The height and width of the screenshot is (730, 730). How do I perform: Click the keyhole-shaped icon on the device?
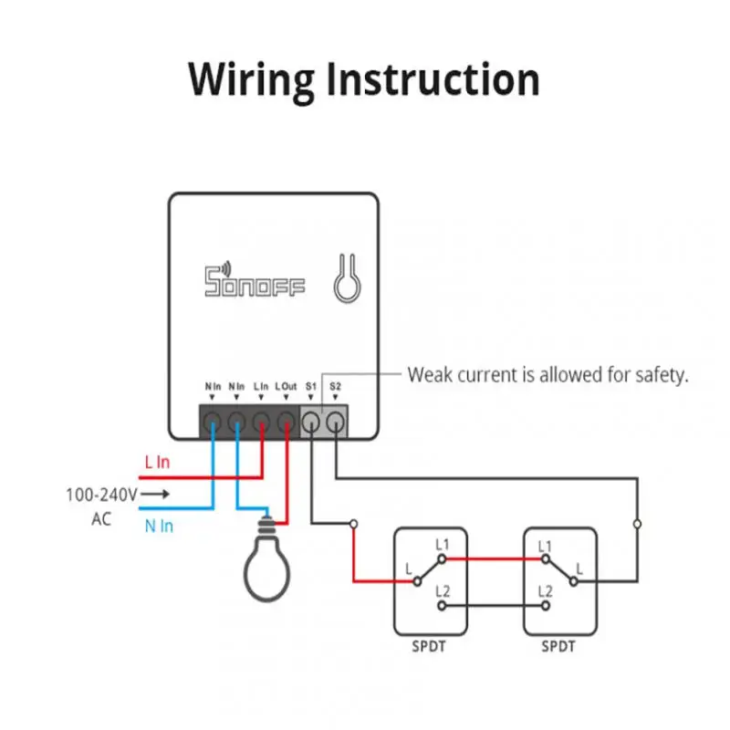click(x=346, y=279)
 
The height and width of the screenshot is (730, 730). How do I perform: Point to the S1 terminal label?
click(x=310, y=388)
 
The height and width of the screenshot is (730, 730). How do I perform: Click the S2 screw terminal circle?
click(x=335, y=422)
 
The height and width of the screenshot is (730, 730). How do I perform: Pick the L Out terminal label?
click(x=286, y=388)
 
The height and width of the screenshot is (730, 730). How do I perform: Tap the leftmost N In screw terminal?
click(x=213, y=422)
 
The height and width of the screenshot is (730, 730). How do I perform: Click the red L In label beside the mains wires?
click(x=158, y=463)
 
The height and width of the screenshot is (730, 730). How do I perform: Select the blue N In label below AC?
click(x=159, y=526)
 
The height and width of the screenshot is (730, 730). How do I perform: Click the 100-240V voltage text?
click(x=100, y=495)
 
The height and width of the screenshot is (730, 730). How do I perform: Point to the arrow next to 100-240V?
click(x=157, y=495)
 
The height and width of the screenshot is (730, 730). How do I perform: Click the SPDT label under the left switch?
click(x=429, y=647)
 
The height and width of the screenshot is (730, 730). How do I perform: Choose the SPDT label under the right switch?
click(x=558, y=647)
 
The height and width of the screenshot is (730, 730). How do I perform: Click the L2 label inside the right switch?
click(x=545, y=591)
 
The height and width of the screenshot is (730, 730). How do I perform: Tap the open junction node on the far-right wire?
click(x=637, y=524)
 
